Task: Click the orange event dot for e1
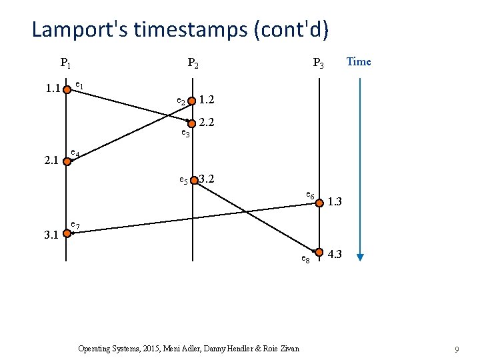pyautogui.click(x=67, y=88)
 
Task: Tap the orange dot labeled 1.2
pyautogui.click(x=192, y=101)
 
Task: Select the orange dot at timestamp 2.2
pyautogui.click(x=192, y=123)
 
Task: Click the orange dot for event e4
pyautogui.click(x=67, y=160)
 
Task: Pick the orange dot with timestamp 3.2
pyautogui.click(x=193, y=180)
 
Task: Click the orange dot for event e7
pyautogui.click(x=67, y=233)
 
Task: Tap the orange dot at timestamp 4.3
pyautogui.click(x=319, y=253)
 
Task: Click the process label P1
pyautogui.click(x=66, y=64)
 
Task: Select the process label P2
pyautogui.click(x=193, y=64)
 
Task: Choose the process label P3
pyautogui.click(x=319, y=64)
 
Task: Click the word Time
pyautogui.click(x=359, y=62)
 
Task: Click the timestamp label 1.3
pyautogui.click(x=335, y=201)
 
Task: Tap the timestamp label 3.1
pyautogui.click(x=51, y=235)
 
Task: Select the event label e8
pyautogui.click(x=305, y=258)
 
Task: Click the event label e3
pyautogui.click(x=186, y=134)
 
